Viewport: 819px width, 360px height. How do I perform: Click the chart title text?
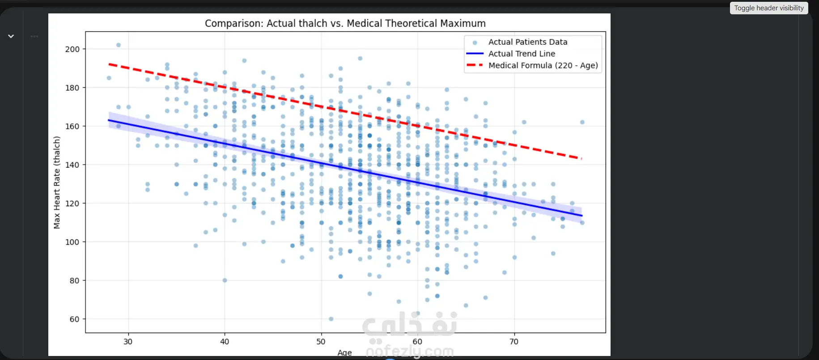pyautogui.click(x=345, y=23)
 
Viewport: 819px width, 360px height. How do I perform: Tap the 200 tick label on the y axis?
pyautogui.click(x=72, y=49)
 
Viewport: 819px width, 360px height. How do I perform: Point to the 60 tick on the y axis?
pyautogui.click(x=75, y=319)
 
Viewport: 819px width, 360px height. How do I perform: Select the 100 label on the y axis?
pyautogui.click(x=72, y=242)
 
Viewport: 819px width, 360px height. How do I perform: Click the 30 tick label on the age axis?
pyautogui.click(x=128, y=342)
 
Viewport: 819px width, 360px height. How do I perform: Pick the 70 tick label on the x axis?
pyautogui.click(x=514, y=342)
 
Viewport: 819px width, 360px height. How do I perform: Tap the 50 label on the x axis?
pyautogui.click(x=321, y=342)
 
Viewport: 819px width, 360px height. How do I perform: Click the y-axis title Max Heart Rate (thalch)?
pyautogui.click(x=57, y=182)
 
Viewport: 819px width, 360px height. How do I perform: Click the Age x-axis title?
pyautogui.click(x=344, y=352)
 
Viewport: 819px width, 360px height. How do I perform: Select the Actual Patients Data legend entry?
pyautogui.click(x=528, y=42)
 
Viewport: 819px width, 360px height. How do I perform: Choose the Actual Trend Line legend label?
pyautogui.click(x=522, y=54)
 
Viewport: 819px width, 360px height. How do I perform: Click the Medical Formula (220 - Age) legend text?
pyautogui.click(x=543, y=65)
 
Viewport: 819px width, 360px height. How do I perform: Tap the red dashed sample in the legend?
pyautogui.click(x=475, y=65)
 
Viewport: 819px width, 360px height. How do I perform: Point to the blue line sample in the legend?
pyautogui.click(x=475, y=54)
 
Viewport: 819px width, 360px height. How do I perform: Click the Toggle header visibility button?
pyautogui.click(x=769, y=8)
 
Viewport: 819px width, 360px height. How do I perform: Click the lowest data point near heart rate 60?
pyautogui.click(x=331, y=319)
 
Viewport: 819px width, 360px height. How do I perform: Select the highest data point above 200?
pyautogui.click(x=119, y=45)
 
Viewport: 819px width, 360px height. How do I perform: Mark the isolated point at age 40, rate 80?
pyautogui.click(x=225, y=280)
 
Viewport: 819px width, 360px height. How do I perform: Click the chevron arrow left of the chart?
pyautogui.click(x=11, y=36)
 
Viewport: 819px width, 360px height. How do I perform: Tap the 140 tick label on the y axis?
pyautogui.click(x=72, y=165)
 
